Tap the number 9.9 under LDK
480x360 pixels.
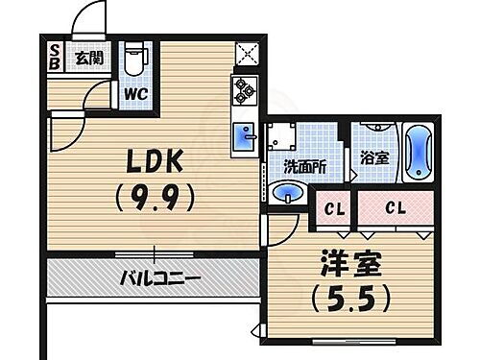153,198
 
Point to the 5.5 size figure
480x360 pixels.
349,298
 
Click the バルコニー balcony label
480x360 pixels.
159,279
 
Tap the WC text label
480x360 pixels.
133,94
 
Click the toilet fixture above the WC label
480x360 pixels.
133,59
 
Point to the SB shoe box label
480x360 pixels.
54,56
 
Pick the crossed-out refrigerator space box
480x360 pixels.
246,56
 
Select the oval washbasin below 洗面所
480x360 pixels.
289,195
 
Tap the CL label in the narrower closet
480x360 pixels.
335,207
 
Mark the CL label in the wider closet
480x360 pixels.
394,207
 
